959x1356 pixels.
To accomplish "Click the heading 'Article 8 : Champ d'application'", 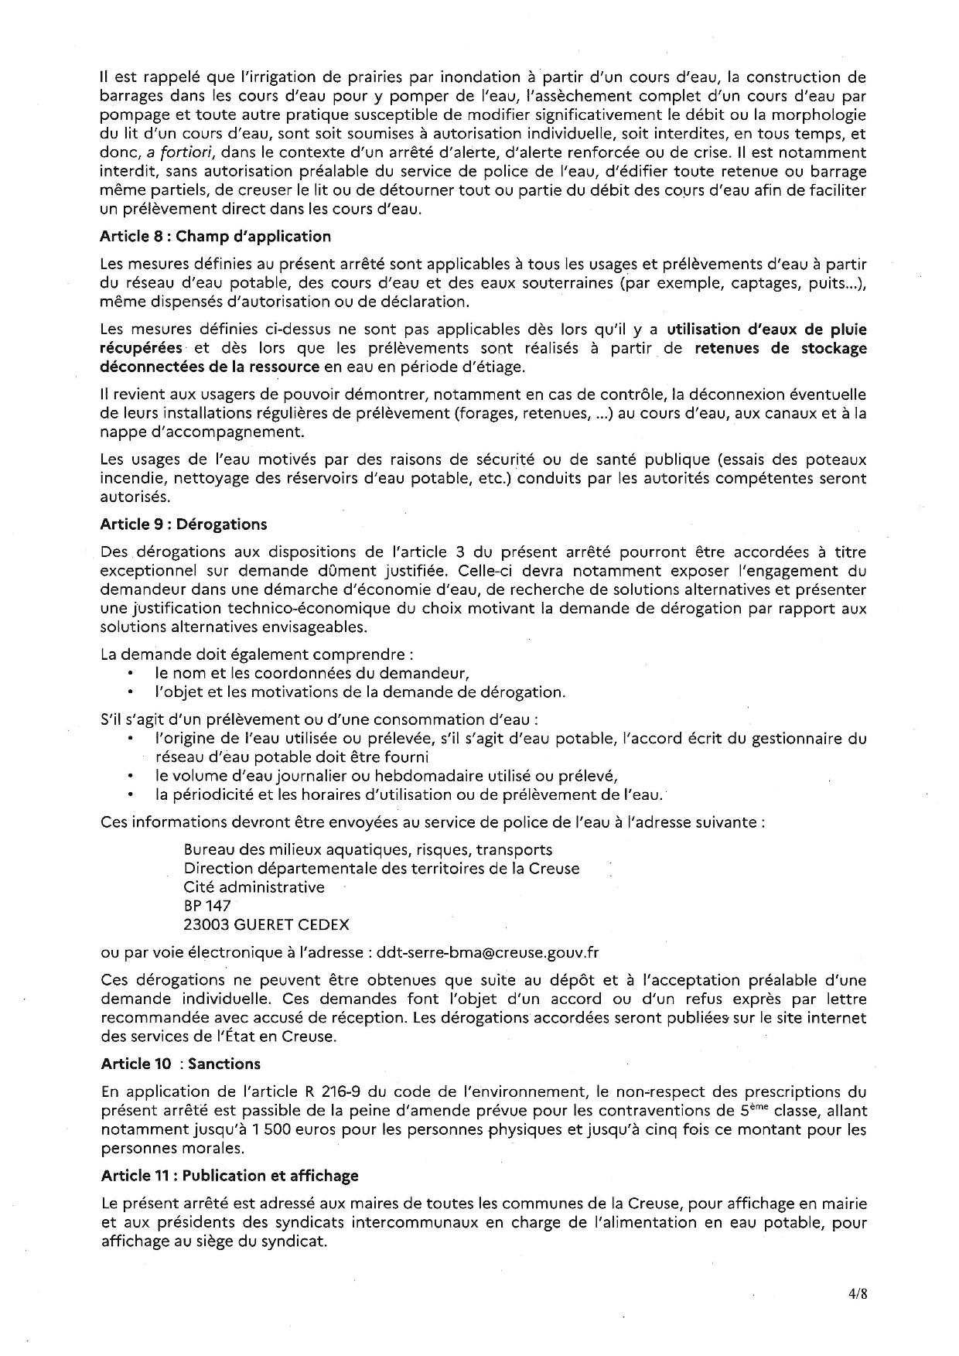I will click(215, 237).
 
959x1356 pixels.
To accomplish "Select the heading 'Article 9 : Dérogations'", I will click(183, 524).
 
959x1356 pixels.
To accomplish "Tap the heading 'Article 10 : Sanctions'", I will click(180, 1064).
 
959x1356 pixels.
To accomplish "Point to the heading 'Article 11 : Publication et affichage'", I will click(230, 1176).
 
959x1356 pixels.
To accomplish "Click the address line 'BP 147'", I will click(207, 905).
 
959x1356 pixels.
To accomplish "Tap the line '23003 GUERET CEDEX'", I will click(266, 924).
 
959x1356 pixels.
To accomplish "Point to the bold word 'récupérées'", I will click(142, 347).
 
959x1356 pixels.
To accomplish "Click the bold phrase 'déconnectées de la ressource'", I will click(210, 366).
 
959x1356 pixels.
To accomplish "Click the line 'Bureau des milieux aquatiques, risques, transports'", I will click(368, 849).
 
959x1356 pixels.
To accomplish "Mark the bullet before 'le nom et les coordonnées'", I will click(133, 673).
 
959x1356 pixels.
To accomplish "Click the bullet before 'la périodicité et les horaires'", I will click(133, 794).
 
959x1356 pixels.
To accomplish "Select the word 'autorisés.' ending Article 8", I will click(135, 497).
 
